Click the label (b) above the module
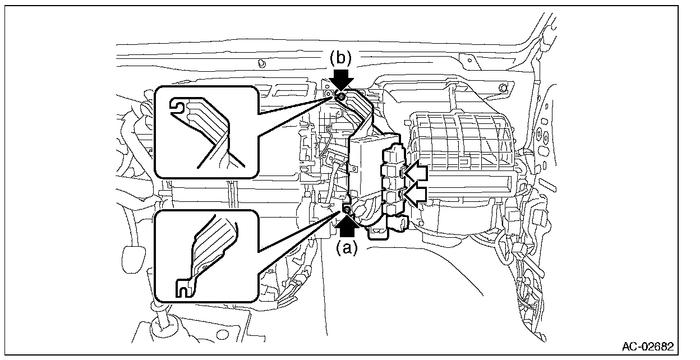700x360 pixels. click(340, 58)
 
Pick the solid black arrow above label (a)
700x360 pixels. click(347, 227)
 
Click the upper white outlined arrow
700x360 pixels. click(416, 173)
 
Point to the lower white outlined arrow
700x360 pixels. click(416, 195)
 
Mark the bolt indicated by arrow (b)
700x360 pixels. click(340, 97)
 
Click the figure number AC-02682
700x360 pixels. click(648, 346)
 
